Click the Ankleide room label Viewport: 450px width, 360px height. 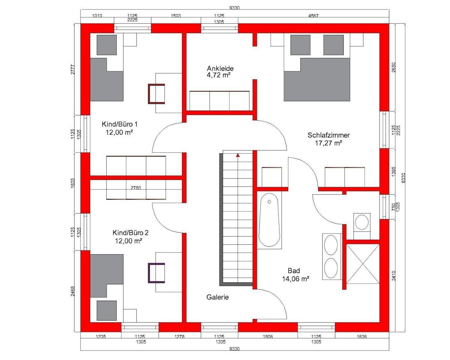pyautogui.click(x=220, y=68)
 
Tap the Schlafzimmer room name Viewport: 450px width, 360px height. pyautogui.click(x=329, y=135)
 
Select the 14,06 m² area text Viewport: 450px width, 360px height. pyautogui.click(x=295, y=279)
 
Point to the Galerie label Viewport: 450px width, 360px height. pyautogui.click(x=217, y=297)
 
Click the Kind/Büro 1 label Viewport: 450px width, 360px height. pyautogui.click(x=120, y=124)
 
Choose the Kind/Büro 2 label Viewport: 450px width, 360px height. pyautogui.click(x=130, y=233)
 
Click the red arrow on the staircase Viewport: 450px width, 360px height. pyautogui.click(x=238, y=155)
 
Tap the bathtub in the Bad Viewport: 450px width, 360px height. pyautogui.click(x=269, y=220)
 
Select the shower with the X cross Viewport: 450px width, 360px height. pyautogui.click(x=363, y=264)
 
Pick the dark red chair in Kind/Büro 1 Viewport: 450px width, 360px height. pyautogui.click(x=156, y=94)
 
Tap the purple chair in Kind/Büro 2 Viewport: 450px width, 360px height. pyautogui.click(x=156, y=273)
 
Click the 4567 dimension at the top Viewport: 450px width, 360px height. pyautogui.click(x=313, y=16)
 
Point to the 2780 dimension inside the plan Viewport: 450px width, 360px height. pyautogui.click(x=136, y=188)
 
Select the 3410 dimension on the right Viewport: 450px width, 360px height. pyautogui.click(x=394, y=275)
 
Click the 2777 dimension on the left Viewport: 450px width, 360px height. pyautogui.click(x=73, y=69)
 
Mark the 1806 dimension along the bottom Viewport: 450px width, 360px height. pyautogui.click(x=268, y=337)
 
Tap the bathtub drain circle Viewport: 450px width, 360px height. pyautogui.click(x=269, y=202)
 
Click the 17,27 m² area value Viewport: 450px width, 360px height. pyautogui.click(x=329, y=143)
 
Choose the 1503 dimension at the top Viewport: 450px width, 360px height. pyautogui.click(x=176, y=16)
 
